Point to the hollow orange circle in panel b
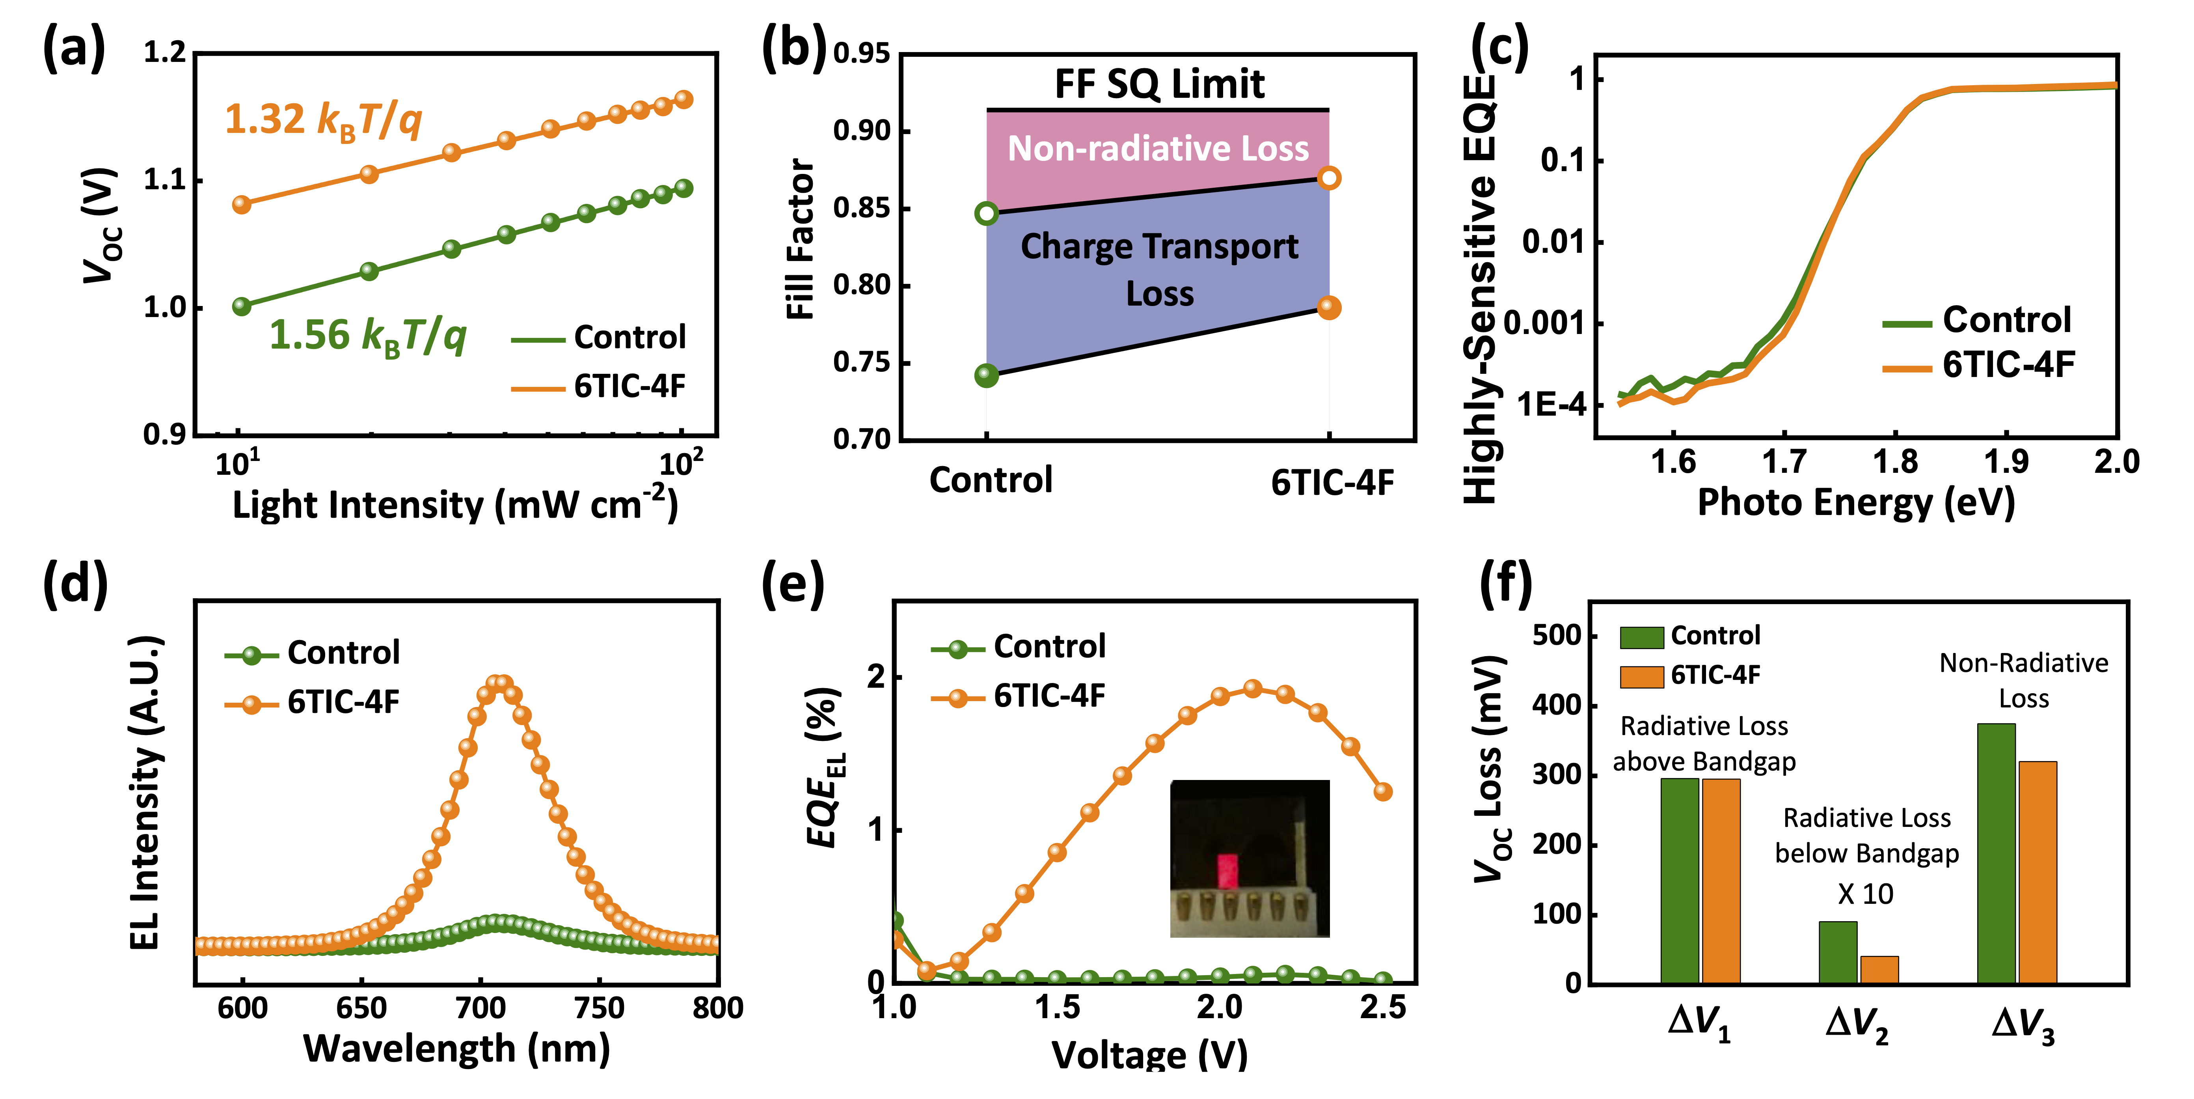pos(1329,178)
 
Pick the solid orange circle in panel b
pos(1329,308)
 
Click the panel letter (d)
pos(75,584)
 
